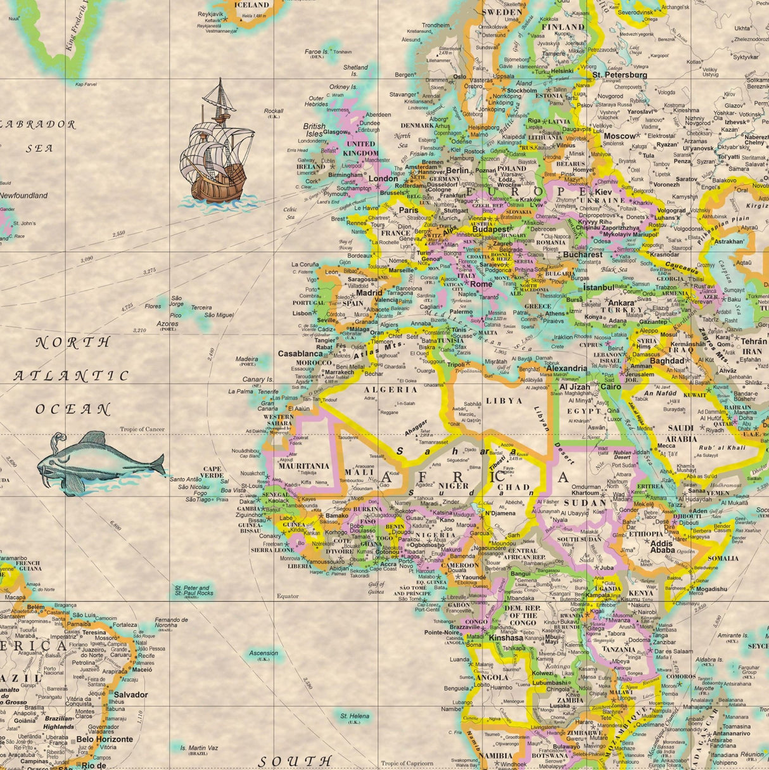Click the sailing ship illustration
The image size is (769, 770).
point(215,149)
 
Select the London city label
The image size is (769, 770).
point(383,179)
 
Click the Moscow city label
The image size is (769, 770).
point(619,136)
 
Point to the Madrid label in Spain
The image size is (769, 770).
point(369,293)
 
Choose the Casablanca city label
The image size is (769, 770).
point(300,354)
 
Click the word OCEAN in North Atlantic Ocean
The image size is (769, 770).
point(73,409)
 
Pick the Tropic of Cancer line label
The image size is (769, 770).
point(143,429)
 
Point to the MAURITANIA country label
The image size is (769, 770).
point(304,466)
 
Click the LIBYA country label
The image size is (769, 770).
point(504,401)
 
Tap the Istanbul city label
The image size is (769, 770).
point(598,287)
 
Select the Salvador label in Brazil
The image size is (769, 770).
point(130,695)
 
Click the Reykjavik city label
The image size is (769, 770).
point(211,13)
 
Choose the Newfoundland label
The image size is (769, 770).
point(23,196)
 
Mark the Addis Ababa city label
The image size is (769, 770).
point(662,547)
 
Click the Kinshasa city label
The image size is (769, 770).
point(506,638)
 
